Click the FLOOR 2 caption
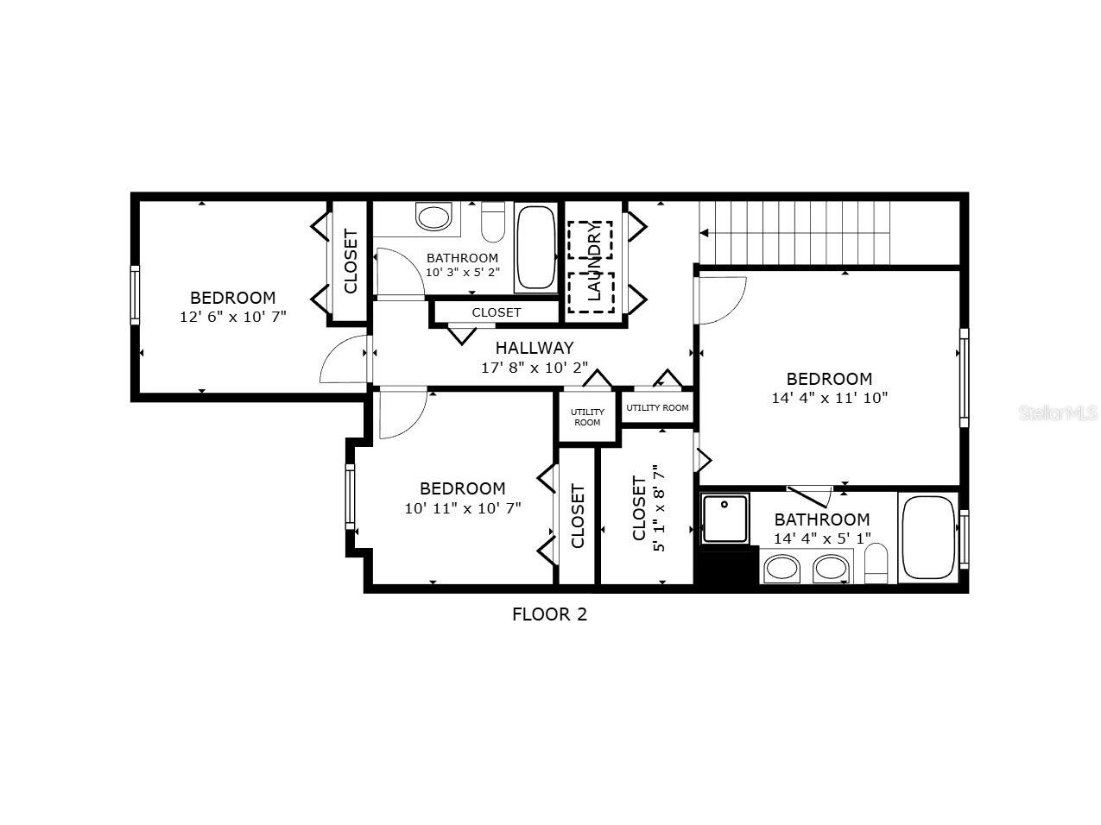[x=549, y=614]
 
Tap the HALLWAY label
[x=534, y=348]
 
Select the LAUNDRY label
[x=594, y=261]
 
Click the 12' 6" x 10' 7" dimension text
[x=232, y=317]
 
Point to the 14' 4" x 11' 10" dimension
[x=829, y=398]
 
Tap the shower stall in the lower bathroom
[x=726, y=519]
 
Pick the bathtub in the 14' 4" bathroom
[x=928, y=536]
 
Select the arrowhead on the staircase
[x=705, y=232]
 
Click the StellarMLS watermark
[x=1058, y=413]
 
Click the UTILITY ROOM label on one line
[x=657, y=408]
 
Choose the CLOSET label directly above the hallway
[x=497, y=312]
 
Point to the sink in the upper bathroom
[x=433, y=216]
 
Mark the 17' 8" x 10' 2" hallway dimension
[x=534, y=367]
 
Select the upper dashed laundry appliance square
[x=590, y=241]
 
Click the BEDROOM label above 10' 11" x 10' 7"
[x=462, y=488]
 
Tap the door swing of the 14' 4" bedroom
[x=721, y=300]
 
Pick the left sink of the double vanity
[x=782, y=568]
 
